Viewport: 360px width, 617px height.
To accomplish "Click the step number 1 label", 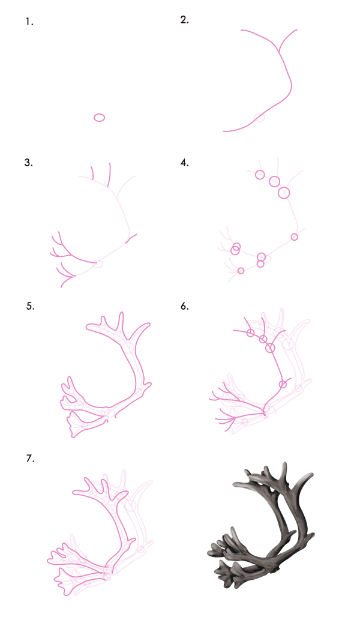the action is click(29, 22).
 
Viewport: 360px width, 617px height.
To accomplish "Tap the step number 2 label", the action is click(185, 20).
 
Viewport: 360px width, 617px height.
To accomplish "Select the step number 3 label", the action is click(28, 163).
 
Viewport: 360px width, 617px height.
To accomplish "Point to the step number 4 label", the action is click(185, 163).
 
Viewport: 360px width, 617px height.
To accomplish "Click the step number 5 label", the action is click(30, 306).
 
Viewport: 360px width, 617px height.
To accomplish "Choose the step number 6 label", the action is click(185, 306).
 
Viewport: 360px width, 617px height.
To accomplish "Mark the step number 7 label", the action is click(30, 459).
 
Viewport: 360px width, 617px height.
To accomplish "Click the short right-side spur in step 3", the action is click(131, 238).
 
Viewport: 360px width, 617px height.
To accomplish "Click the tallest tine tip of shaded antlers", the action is click(284, 464).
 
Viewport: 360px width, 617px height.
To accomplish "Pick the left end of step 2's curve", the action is click(223, 131).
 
